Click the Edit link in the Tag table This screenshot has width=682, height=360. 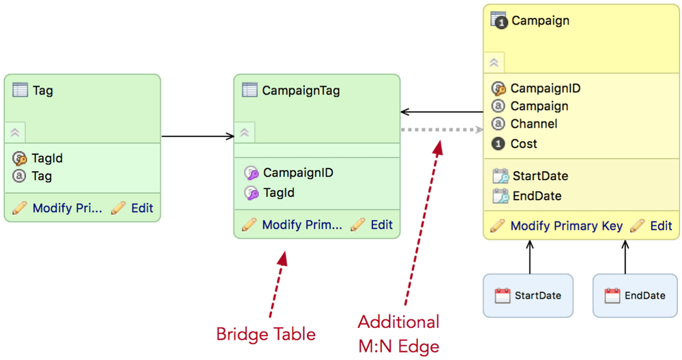[142, 208]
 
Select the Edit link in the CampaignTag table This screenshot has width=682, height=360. [381, 225]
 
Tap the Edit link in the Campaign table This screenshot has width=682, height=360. [661, 226]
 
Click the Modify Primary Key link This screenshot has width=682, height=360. [566, 226]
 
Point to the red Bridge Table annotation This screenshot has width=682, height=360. [266, 334]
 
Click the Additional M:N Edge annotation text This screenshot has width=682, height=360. [399, 334]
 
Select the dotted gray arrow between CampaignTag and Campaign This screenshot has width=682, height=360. [442, 130]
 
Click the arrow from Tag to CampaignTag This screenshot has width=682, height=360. [198, 136]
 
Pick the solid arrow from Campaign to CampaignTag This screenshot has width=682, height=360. [442, 112]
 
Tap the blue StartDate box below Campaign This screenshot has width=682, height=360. [528, 296]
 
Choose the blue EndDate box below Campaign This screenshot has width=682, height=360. [635, 296]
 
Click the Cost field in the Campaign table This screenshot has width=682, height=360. [524, 143]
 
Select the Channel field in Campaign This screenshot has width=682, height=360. [534, 124]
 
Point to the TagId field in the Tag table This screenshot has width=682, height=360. [47, 158]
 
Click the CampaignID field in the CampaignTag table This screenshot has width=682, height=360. [298, 172]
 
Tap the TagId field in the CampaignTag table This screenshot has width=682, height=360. [278, 192]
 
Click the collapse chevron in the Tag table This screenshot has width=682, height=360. [15, 132]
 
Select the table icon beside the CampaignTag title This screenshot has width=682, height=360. [250, 89]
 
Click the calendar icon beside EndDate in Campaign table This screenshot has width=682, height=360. [501, 196]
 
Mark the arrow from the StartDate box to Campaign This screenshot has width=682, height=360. [530, 257]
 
